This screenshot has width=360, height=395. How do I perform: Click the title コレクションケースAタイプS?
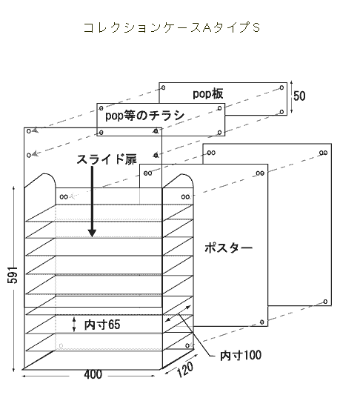[x=171, y=27]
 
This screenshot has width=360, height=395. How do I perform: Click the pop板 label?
[x=208, y=93]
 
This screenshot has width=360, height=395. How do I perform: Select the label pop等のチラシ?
[x=144, y=116]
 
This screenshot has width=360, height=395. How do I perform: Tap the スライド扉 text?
[x=107, y=159]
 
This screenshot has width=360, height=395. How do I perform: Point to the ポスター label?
[x=228, y=248]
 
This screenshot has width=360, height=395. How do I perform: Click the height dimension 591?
[x=13, y=275]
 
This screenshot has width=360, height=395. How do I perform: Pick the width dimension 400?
[x=93, y=374]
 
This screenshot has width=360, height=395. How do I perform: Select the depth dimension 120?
[x=185, y=369]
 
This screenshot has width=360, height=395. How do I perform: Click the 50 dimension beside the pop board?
[x=299, y=96]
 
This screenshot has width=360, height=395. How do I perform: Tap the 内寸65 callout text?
[x=102, y=325]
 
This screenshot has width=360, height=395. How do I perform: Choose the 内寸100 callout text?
[x=241, y=355]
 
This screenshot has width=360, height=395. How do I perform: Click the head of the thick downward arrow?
[x=92, y=233]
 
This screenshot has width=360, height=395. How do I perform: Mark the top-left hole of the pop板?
[x=164, y=87]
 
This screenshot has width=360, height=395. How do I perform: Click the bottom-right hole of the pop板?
[x=282, y=112]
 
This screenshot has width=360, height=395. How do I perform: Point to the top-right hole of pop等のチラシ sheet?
[x=219, y=108]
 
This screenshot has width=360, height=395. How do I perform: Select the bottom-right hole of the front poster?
[x=261, y=322]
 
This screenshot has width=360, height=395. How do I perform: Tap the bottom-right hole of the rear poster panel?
[x=325, y=302]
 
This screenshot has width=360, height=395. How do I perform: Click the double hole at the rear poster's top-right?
[x=324, y=153]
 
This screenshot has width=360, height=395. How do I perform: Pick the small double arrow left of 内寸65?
[x=74, y=324]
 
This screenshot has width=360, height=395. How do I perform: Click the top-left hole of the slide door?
[x=29, y=131]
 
